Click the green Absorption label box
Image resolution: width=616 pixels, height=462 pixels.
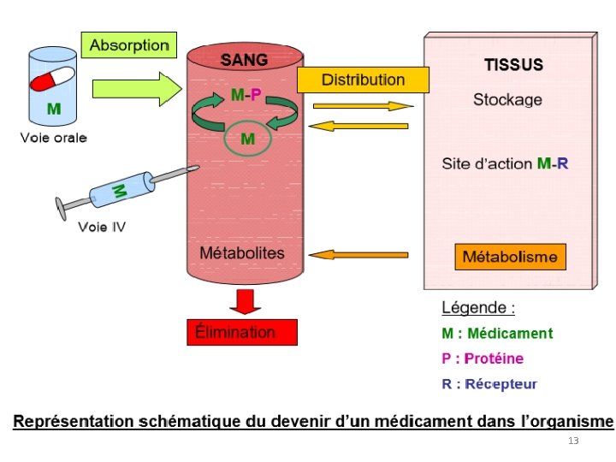tap(128, 44)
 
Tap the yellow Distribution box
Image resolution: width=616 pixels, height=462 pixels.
tap(363, 80)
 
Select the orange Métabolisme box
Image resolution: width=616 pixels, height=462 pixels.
tap(509, 256)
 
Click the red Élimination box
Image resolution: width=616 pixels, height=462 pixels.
tap(241, 332)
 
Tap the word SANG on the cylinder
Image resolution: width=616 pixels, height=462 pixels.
tap(244, 61)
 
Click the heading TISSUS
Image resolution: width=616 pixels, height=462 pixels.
tap(513, 65)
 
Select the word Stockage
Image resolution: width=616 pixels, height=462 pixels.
tap(507, 100)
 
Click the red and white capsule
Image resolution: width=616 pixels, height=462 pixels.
tap(52, 83)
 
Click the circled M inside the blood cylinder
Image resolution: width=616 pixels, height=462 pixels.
tap(247, 139)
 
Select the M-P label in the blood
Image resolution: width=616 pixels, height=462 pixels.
tap(247, 96)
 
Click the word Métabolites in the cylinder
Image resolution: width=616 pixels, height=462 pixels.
tap(241, 253)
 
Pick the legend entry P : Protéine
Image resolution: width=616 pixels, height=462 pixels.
tap(483, 358)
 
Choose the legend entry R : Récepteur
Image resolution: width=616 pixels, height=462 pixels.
tap(489, 384)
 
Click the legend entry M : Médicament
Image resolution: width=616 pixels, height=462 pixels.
tap(497, 334)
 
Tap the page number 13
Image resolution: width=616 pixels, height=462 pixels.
tap(573, 441)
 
